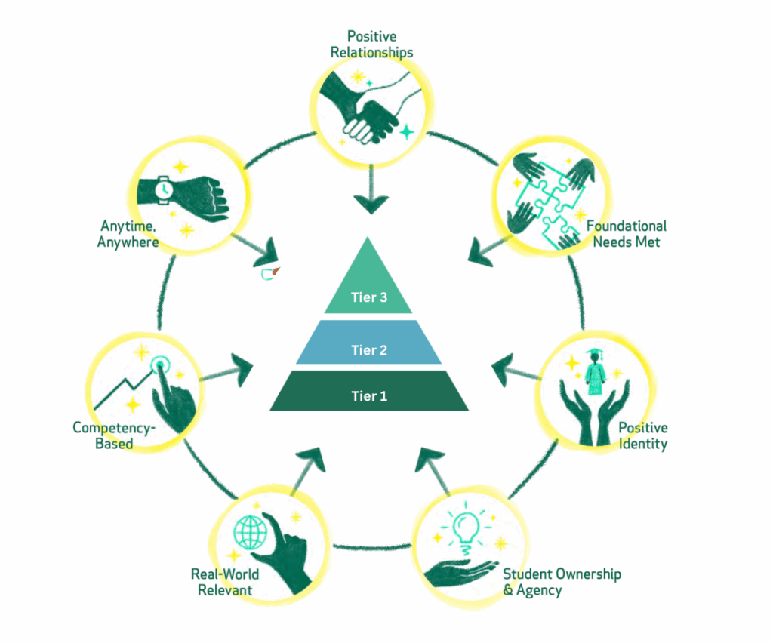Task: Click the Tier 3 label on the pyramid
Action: click(x=368, y=297)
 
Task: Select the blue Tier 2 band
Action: click(x=368, y=349)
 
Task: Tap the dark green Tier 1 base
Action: click(x=368, y=395)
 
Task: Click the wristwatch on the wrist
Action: click(x=163, y=189)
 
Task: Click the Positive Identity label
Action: click(x=642, y=435)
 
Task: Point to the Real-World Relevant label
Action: click(x=225, y=581)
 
